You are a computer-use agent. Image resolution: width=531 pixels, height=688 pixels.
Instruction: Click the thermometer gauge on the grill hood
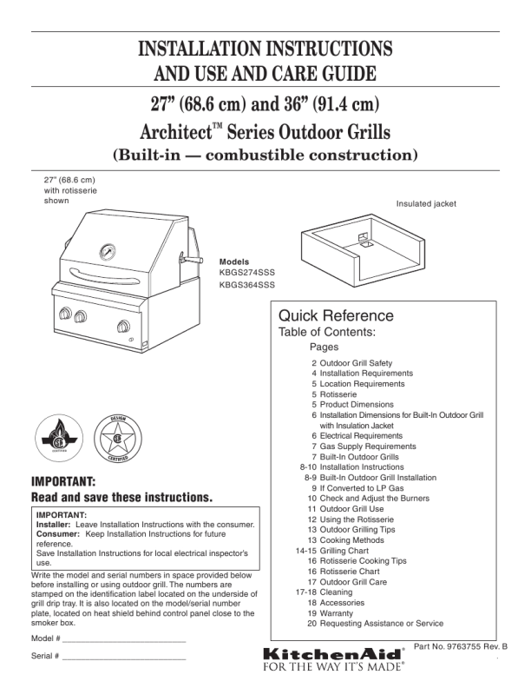[108, 252]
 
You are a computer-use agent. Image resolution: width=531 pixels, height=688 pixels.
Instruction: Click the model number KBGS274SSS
[247, 272]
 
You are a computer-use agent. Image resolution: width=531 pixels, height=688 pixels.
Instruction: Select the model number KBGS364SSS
[247, 284]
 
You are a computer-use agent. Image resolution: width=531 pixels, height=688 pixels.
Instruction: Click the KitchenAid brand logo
[332, 652]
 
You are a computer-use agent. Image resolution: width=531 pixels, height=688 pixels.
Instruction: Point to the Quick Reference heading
[336, 315]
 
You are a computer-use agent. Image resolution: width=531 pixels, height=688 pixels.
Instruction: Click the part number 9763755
[465, 646]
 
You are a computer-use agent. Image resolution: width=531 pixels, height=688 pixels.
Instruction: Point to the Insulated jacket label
[426, 204]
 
